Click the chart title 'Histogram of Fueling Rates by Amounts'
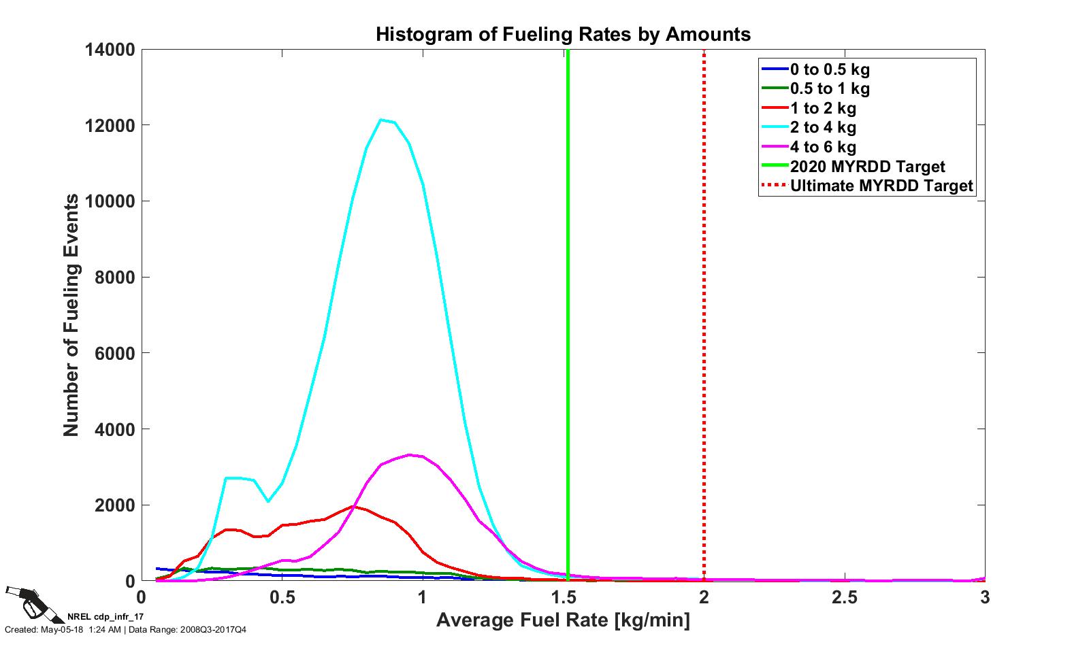pos(563,34)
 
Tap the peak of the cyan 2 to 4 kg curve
pos(381,120)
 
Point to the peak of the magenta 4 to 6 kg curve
pos(409,455)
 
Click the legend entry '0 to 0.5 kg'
pos(829,69)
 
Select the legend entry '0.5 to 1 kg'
pos(829,88)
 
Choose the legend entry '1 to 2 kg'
pos(823,108)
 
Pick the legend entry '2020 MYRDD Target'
pos(867,167)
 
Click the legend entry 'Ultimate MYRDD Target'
pos(881,186)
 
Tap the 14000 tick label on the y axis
pos(110,50)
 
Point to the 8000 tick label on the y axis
pos(114,278)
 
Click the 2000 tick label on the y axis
pos(114,505)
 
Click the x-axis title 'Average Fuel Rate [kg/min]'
pos(563,620)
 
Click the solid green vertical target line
pos(568,306)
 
